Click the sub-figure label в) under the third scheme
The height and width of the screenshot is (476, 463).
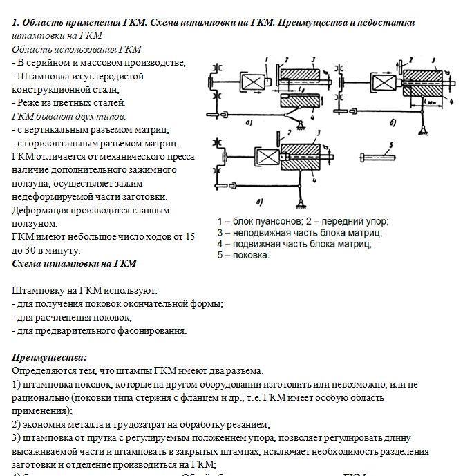coord(258,202)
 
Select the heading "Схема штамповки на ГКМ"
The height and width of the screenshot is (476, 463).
coord(75,263)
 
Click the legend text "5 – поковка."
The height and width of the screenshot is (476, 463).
coord(243,254)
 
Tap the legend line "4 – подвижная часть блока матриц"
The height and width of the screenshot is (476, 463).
coord(298,243)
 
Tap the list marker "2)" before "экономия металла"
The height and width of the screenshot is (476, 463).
coord(17,425)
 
